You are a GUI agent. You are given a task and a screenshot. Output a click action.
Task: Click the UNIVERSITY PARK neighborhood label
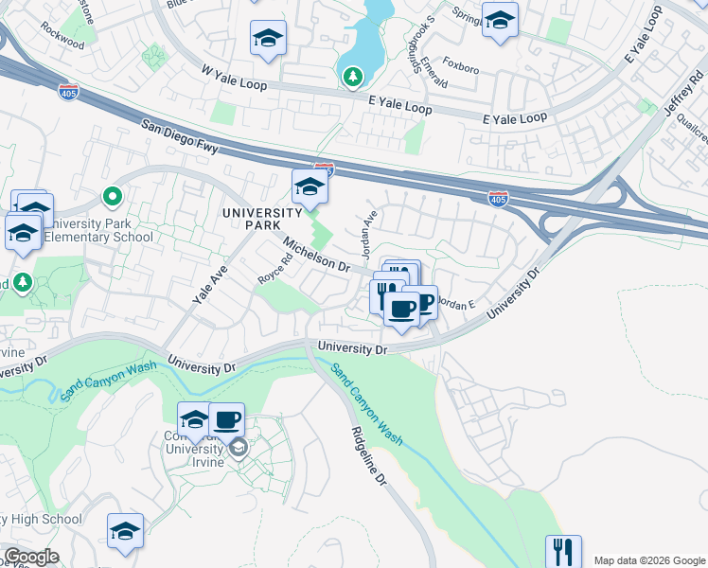(x=262, y=219)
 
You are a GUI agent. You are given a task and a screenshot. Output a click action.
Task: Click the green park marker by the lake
(x=353, y=75)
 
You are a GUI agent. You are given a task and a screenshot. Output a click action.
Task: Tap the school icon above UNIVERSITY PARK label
(x=310, y=186)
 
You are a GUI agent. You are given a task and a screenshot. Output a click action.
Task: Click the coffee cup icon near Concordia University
(x=226, y=418)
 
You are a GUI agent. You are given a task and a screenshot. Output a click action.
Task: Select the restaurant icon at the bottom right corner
(x=563, y=551)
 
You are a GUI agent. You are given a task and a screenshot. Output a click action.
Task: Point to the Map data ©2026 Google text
(x=649, y=559)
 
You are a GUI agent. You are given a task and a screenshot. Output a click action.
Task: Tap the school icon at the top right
(x=500, y=20)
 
